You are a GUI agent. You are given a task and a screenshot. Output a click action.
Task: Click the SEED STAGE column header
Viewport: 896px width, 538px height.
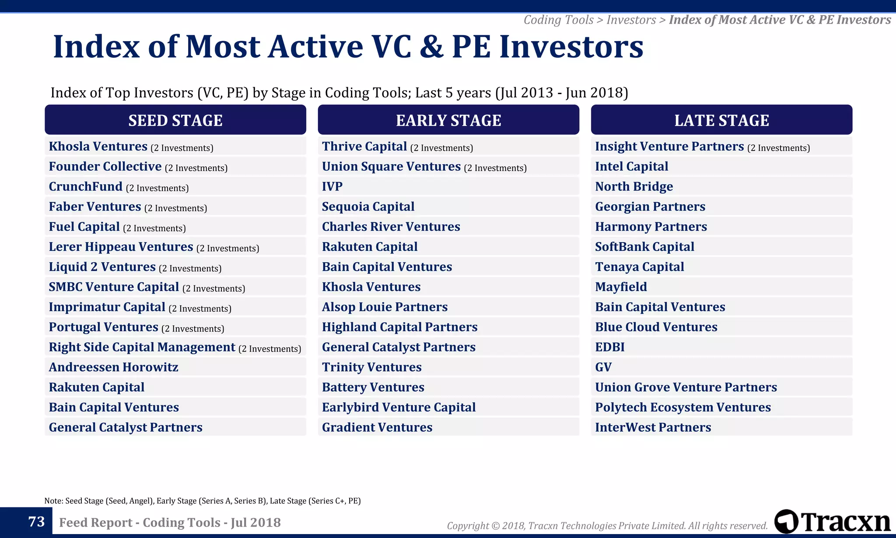pos(175,120)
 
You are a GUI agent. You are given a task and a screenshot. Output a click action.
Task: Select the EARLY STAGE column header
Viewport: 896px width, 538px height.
pos(448,120)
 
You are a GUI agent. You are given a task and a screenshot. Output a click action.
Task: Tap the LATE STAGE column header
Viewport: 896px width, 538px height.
pos(721,120)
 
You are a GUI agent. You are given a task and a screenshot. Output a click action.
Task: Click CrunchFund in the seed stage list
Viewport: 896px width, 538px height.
pos(86,186)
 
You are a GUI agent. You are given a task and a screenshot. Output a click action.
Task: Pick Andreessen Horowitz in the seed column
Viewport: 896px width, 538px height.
pos(113,367)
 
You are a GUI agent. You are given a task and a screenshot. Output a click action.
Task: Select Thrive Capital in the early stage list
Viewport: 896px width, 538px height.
pos(364,146)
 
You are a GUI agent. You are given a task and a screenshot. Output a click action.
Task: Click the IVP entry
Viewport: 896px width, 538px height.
pos(332,186)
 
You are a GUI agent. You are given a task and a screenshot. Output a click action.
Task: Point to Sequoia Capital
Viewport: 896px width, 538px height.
pos(368,207)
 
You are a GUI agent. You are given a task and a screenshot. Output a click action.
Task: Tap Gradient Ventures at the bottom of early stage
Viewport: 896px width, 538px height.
pos(377,427)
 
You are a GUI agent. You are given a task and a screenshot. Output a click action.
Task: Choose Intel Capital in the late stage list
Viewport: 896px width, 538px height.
pos(631,166)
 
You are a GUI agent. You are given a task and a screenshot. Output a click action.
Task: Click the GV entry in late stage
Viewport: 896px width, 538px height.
pos(603,367)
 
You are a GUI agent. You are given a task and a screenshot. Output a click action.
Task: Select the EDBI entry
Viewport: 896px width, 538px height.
pos(609,347)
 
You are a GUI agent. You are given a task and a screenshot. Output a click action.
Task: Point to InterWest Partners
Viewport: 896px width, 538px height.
pos(653,427)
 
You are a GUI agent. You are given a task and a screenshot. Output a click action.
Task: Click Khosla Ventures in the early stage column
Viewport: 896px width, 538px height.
pos(371,287)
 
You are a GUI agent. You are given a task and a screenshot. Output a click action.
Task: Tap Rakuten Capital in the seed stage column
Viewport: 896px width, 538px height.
pos(96,387)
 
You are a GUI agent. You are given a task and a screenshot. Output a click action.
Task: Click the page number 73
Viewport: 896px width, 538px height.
pos(36,521)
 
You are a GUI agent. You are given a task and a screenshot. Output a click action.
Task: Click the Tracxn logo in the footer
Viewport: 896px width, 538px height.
pos(832,521)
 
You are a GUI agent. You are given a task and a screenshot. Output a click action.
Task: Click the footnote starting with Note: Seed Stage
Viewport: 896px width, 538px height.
pos(202,501)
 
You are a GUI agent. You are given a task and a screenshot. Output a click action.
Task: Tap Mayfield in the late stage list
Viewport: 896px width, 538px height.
pos(620,287)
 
